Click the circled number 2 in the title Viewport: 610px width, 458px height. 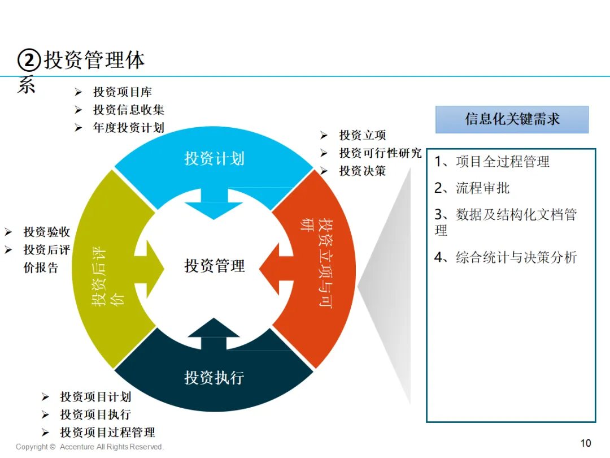pos(29,61)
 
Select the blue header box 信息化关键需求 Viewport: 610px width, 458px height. pos(512,119)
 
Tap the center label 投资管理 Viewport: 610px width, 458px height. pos(215,266)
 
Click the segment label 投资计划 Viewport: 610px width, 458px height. pos(215,158)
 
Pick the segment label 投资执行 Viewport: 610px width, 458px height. pos(215,377)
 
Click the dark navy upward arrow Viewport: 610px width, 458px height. pos(213,334)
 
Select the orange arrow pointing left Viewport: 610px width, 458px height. pos(276,269)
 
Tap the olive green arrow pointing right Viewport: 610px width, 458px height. pos(149,269)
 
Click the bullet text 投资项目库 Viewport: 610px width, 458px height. pos(123,92)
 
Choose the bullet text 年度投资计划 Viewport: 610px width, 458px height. pos(129,128)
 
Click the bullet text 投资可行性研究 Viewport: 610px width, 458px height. pos(381,153)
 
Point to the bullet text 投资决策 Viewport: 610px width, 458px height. pos(363,171)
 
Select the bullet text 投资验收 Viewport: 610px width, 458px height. pos(47,232)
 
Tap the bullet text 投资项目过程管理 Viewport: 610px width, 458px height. pos(108,433)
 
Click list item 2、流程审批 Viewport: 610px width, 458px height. pos(472,188)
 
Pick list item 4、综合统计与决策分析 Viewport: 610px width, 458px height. pos(506,257)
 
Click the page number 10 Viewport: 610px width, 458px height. pos(586,443)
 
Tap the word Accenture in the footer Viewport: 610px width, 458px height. pos(77,447)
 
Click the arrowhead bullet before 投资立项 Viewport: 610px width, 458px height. pos(324,135)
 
